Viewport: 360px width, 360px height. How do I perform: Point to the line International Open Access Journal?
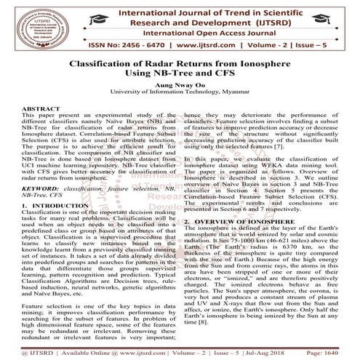tap(206, 33)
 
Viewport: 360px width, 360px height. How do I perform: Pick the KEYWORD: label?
tap(28, 188)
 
